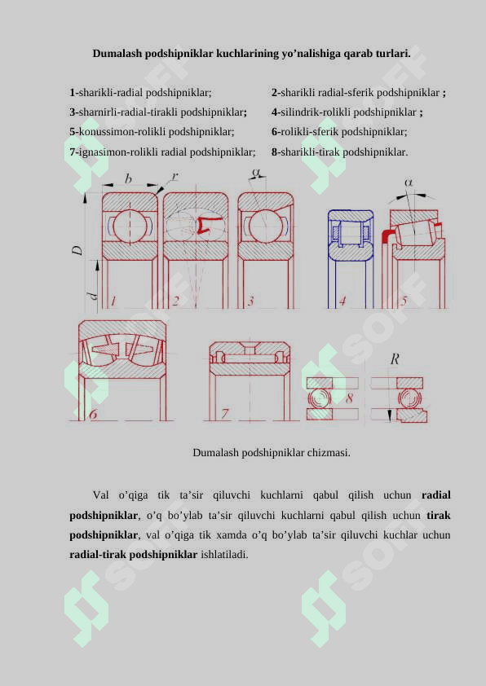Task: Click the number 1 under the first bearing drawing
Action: (x=113, y=301)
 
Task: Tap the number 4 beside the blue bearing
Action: (x=342, y=301)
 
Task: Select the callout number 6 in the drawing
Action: (x=93, y=414)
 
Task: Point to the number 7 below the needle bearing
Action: (x=224, y=413)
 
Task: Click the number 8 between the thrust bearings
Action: (x=349, y=398)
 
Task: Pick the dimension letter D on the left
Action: (x=77, y=250)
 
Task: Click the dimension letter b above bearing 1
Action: (x=128, y=178)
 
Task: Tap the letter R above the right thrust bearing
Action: (x=395, y=359)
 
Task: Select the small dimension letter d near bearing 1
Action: (x=92, y=296)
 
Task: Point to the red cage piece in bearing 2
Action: (x=205, y=225)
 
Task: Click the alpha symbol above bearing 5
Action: (x=408, y=182)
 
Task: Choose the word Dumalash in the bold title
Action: (x=117, y=54)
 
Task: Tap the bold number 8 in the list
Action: (x=274, y=152)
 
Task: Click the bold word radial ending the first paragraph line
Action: (x=436, y=495)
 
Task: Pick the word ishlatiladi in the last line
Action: (x=224, y=554)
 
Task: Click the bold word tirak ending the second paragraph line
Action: (x=439, y=515)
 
